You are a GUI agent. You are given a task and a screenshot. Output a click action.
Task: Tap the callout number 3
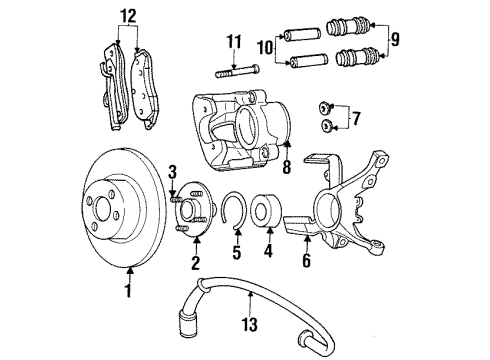pos(172,171)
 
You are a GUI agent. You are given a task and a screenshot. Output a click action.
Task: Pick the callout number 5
pos(236,267)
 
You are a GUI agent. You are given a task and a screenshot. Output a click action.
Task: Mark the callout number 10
pos(263,49)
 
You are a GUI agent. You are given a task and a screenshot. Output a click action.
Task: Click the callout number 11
pos(234,41)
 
